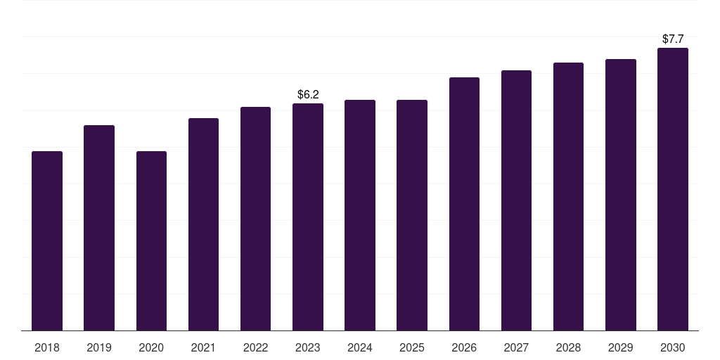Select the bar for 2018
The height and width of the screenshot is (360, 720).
(47, 240)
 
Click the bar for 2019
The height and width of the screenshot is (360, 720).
(99, 228)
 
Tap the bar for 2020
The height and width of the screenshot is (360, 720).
(151, 240)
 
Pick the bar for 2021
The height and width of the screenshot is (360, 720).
(203, 224)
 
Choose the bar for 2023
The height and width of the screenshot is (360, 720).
(308, 217)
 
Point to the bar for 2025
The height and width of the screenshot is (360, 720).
(412, 215)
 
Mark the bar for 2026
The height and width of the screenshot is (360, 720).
(464, 204)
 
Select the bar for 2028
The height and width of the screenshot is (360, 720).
(568, 196)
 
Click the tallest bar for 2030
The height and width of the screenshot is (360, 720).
(673, 189)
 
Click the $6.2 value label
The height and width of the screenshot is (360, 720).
(308, 94)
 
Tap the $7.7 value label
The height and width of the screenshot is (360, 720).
(673, 39)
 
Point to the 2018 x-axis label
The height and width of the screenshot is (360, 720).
(47, 347)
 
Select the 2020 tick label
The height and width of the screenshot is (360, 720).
(151, 347)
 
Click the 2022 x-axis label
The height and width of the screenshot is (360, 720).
(255, 347)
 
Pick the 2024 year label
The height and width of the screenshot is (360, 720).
(360, 347)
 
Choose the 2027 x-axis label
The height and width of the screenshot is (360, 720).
(516, 347)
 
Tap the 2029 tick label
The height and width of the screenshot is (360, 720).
(621, 347)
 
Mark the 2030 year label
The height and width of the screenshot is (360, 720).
(673, 347)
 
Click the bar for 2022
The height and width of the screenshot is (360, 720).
(255, 219)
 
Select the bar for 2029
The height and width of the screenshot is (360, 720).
(621, 195)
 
